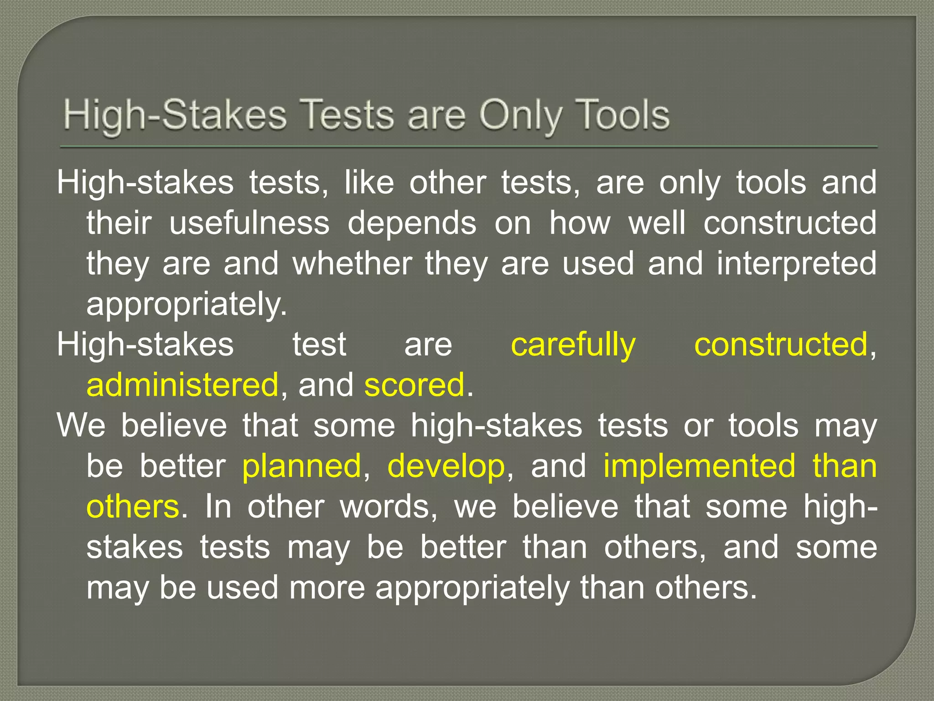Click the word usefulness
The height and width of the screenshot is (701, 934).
[x=249, y=223]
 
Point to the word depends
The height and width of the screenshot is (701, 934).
[x=412, y=224]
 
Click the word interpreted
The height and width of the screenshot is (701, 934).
[x=796, y=264]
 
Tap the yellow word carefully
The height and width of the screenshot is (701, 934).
[x=573, y=345]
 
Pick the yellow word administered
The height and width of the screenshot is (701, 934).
[x=182, y=384]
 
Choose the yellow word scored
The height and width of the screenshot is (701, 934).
[x=414, y=384]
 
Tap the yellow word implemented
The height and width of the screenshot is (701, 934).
[x=700, y=466]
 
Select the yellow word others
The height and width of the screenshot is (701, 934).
[x=133, y=507]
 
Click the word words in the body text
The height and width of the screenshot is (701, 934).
[x=388, y=507]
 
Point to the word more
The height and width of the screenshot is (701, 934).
[x=327, y=587]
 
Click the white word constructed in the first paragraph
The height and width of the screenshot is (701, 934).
[x=790, y=223]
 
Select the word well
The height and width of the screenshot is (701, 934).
[x=657, y=223]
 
